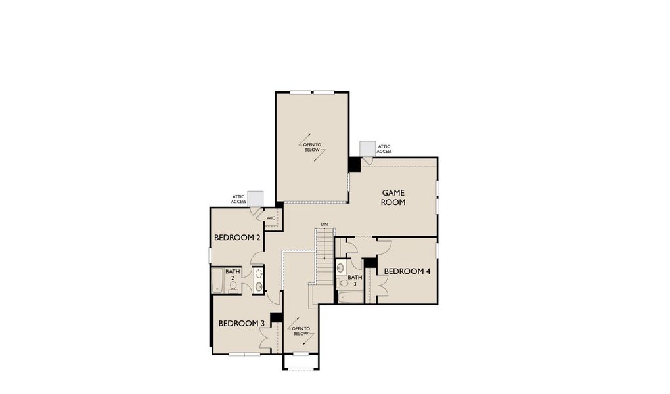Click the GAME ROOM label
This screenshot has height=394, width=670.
point(394,197)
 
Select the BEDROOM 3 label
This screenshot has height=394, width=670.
point(241,323)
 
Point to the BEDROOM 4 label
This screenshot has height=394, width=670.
point(407,271)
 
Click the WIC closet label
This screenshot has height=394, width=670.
point(271,218)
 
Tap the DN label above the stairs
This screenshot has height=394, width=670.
point(324,225)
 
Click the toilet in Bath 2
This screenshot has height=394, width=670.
point(233,286)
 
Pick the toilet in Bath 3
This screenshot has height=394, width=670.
point(342,283)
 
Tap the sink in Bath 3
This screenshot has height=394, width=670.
point(341,267)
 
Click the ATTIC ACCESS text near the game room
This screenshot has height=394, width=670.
point(384,149)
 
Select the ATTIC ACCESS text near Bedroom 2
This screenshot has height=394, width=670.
point(238,199)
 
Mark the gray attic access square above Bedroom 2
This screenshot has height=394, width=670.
point(256,198)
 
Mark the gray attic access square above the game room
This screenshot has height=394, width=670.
point(367,149)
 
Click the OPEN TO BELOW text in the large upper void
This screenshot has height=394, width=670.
point(312,147)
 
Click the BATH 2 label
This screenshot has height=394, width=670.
point(233,274)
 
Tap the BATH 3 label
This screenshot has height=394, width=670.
point(355,280)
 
